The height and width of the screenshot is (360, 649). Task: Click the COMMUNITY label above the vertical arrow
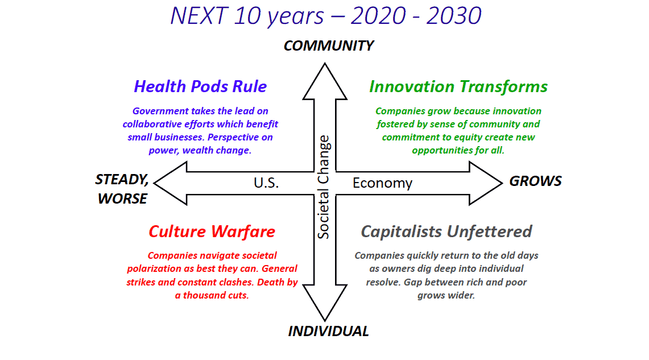click(329, 45)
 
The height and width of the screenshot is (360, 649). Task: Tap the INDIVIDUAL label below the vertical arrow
click(328, 331)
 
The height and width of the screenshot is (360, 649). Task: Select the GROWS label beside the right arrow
click(535, 181)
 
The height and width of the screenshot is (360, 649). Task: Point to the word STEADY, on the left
click(122, 180)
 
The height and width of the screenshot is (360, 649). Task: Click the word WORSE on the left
click(122, 198)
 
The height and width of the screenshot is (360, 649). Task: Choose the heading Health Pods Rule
click(200, 86)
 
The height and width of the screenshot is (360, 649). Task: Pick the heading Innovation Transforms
click(458, 86)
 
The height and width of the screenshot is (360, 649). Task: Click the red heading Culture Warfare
click(212, 231)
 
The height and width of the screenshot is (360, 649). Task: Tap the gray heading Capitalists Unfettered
click(446, 231)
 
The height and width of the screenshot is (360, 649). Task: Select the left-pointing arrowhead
click(171, 183)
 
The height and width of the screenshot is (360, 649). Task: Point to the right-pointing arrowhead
click(486, 183)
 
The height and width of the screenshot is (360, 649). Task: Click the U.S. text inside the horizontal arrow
click(266, 183)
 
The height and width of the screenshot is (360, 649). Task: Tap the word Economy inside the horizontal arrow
click(382, 183)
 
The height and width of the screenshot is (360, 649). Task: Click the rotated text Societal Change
click(323, 187)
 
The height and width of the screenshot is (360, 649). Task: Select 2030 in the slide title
click(454, 16)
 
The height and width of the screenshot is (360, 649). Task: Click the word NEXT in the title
click(199, 16)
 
